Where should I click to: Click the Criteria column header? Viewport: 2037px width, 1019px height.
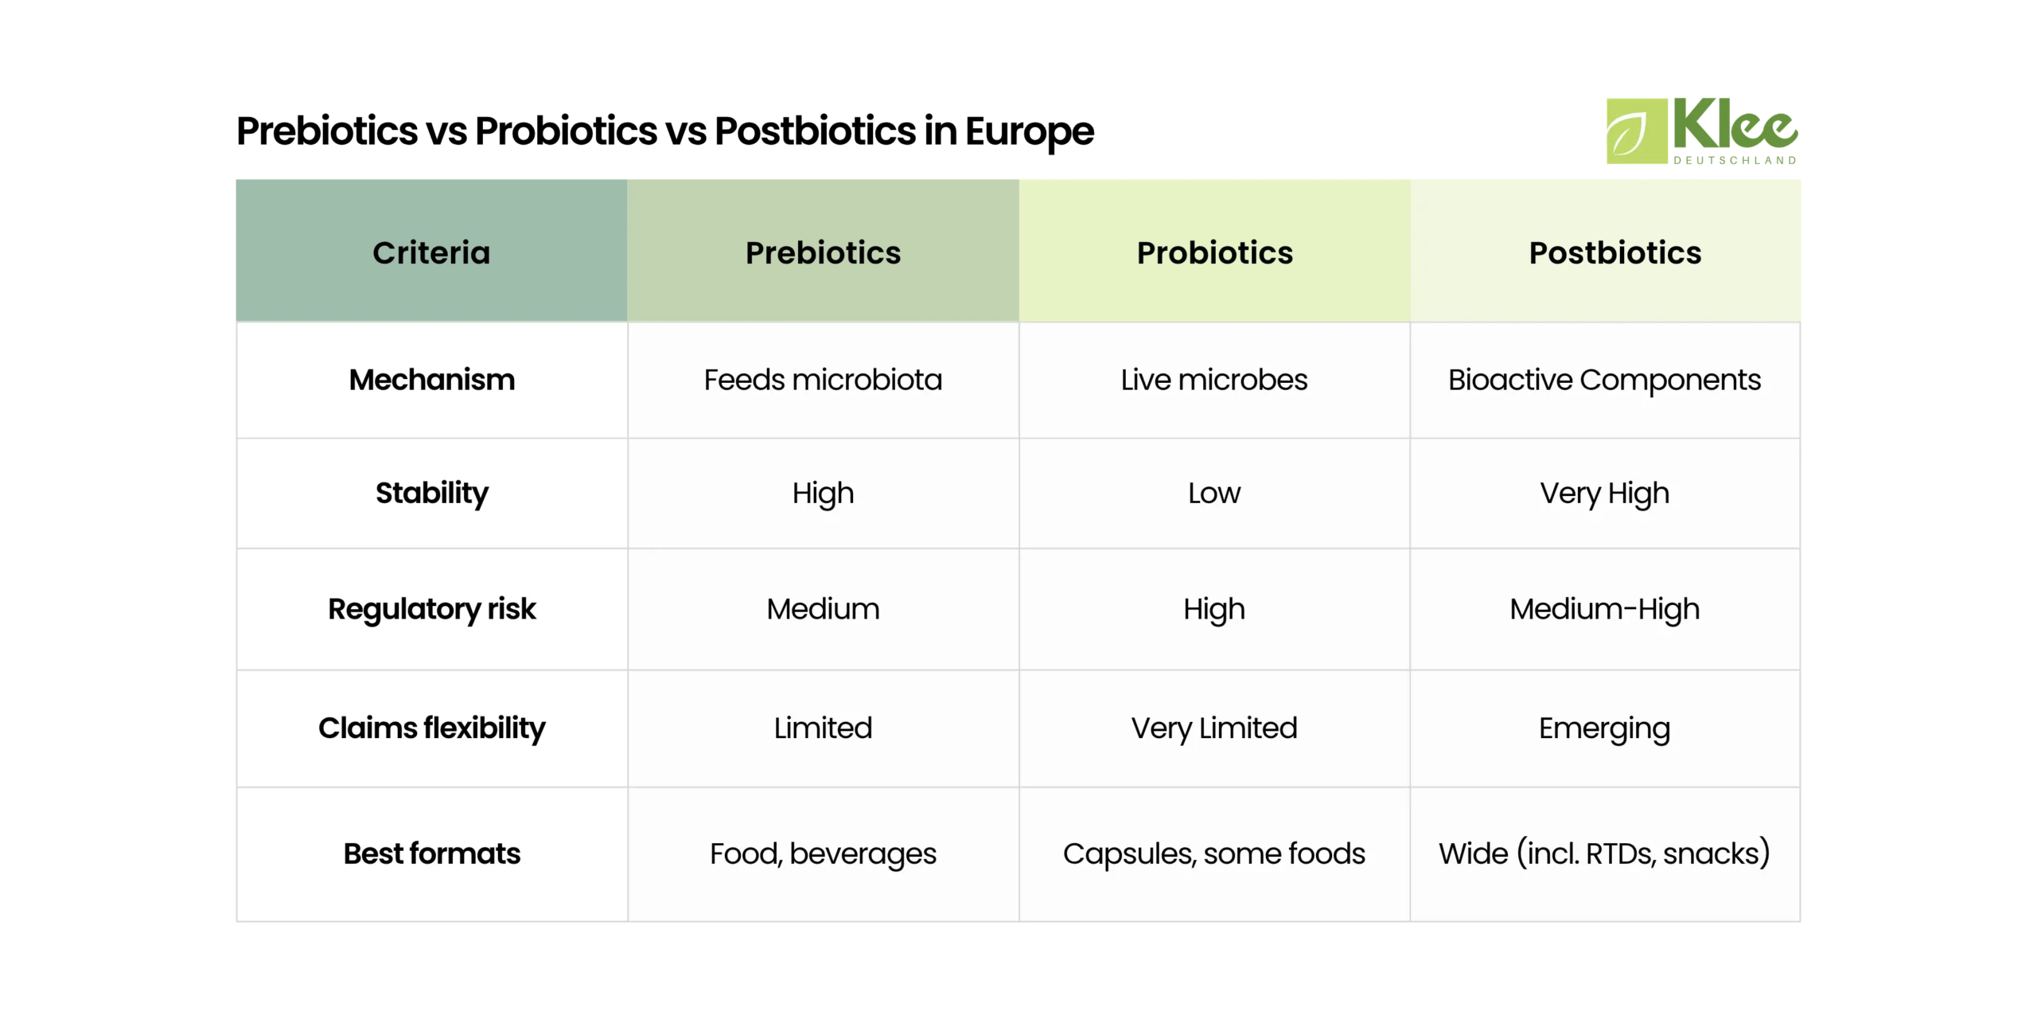pos(431,252)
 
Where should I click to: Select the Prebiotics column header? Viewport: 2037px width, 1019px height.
pos(823,252)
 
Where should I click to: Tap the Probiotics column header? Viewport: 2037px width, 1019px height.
pos(1214,252)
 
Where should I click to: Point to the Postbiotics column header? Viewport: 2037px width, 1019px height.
pos(1614,252)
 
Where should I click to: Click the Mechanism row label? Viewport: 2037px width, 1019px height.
pos(431,380)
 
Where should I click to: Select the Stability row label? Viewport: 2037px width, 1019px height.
pos(431,493)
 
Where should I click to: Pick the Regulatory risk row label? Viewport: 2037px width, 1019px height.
pos(431,609)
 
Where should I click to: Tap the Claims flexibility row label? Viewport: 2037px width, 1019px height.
pos(431,728)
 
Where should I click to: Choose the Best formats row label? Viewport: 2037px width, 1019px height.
pos(431,853)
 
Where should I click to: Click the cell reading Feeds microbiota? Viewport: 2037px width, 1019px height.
pos(823,380)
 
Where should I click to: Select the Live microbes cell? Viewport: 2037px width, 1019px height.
pos(1214,380)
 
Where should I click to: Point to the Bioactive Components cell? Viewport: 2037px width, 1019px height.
pos(1604,380)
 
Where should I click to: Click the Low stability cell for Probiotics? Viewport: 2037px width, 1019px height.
pos(1214,493)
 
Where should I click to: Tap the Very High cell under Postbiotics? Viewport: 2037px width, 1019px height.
pos(1604,493)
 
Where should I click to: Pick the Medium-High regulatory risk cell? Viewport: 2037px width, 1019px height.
pos(1604,609)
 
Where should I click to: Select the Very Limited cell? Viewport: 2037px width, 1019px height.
pos(1214,728)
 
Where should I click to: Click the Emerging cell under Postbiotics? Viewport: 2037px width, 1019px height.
pos(1604,728)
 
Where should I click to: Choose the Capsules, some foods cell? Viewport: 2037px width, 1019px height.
pos(1214,853)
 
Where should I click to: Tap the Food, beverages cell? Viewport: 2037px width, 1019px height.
pos(823,853)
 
